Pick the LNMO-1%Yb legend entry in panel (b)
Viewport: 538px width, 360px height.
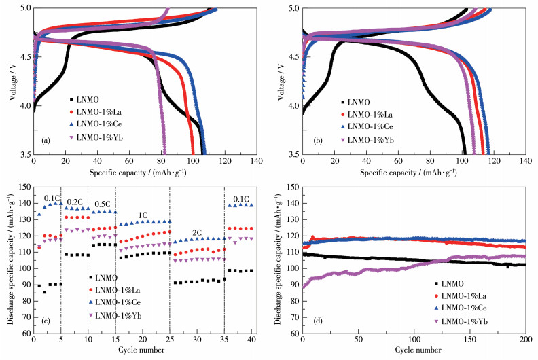(367, 140)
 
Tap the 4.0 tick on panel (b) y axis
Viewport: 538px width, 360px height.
(293, 106)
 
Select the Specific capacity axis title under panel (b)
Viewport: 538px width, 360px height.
(414, 173)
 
